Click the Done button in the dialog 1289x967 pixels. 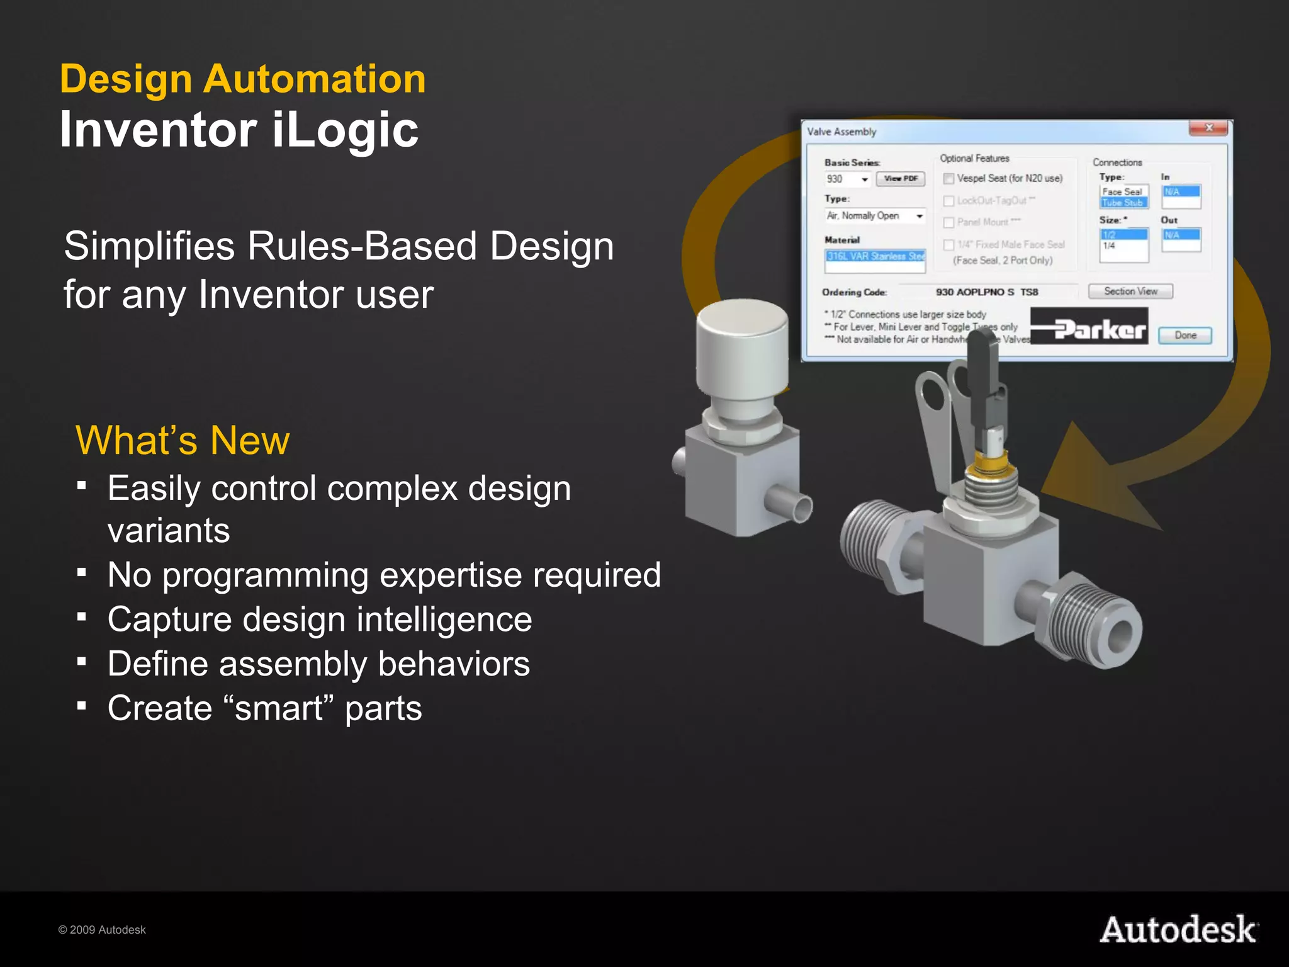tap(1185, 335)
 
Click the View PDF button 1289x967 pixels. tap(901, 179)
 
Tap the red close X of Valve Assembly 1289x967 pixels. tap(1208, 128)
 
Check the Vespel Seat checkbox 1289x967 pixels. tap(949, 179)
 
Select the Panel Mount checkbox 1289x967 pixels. tap(949, 223)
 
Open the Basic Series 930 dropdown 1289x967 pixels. tap(865, 179)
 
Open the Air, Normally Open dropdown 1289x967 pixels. tap(920, 216)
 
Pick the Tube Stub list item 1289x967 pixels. tap(1123, 203)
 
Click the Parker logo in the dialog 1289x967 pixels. tap(1089, 327)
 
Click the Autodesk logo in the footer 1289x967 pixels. tap(1179, 930)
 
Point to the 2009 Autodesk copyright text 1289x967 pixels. tap(102, 930)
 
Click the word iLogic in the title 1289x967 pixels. tap(346, 130)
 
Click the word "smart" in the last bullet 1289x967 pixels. tap(279, 708)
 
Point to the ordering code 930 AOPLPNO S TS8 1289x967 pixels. tap(986, 292)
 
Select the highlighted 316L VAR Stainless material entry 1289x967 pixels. tap(875, 256)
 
